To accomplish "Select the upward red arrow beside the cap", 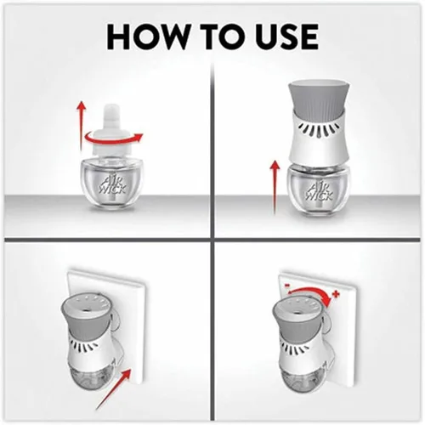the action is click(82, 126).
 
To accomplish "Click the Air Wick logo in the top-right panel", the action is click(320, 190).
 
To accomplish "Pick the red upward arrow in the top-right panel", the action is click(275, 188).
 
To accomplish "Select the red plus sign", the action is click(337, 295).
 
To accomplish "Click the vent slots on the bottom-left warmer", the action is click(85, 345).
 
